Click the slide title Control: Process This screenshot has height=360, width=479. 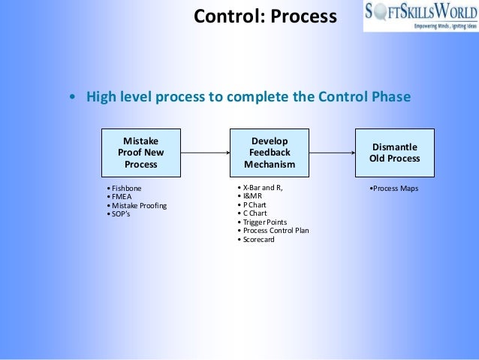click(265, 15)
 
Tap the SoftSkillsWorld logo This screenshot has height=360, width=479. click(420, 16)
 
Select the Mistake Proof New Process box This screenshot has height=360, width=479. click(141, 153)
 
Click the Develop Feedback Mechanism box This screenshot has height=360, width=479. click(270, 153)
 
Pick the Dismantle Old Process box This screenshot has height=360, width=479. click(394, 153)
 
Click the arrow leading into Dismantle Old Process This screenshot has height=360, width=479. click(332, 153)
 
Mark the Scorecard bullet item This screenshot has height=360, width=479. click(258, 240)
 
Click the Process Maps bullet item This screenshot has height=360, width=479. click(394, 188)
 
